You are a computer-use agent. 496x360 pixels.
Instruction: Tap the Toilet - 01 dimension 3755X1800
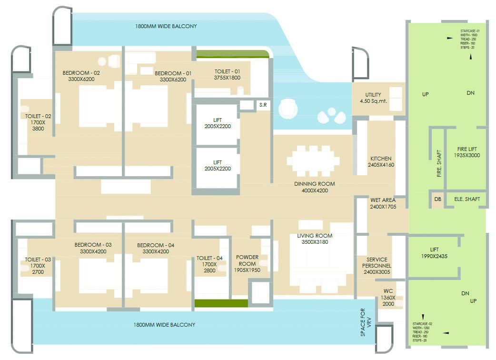[x=227, y=77]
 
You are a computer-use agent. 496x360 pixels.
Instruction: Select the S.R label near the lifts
[x=262, y=105]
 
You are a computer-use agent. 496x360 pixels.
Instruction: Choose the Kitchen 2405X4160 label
[x=381, y=162]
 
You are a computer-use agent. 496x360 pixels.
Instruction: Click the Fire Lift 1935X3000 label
[x=466, y=152]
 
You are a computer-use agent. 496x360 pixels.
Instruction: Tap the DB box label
[x=437, y=199]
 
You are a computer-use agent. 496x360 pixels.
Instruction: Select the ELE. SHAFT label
[x=467, y=199]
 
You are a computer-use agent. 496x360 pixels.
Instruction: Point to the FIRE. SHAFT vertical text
[x=439, y=164]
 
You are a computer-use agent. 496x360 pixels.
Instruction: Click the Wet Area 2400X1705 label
[x=383, y=204]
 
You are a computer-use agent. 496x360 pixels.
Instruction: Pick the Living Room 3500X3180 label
[x=315, y=239]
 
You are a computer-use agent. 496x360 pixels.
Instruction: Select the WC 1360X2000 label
[x=388, y=297]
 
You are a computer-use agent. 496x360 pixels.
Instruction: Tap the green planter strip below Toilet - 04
[x=221, y=303]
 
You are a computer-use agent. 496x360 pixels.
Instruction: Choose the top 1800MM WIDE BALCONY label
[x=166, y=26]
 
